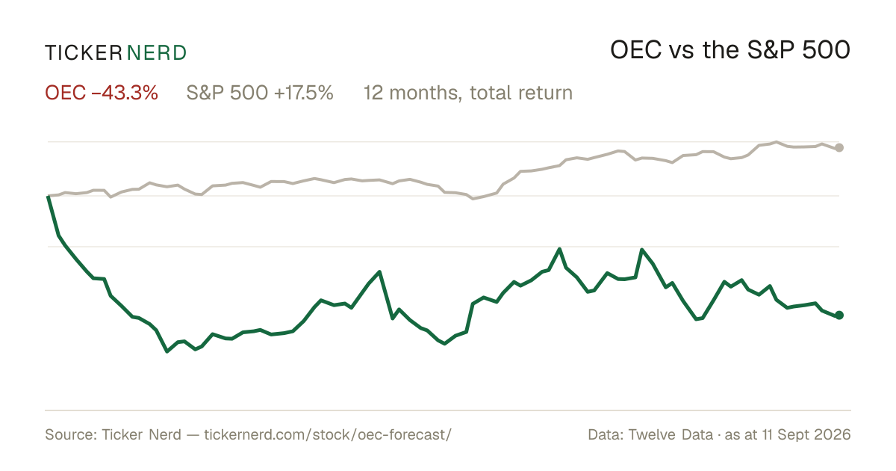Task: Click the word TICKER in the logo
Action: point(83,53)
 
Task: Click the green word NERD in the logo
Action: point(157,53)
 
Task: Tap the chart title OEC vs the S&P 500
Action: point(730,50)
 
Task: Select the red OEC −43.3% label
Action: point(102,93)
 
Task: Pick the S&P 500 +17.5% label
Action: point(260,93)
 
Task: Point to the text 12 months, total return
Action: point(468,93)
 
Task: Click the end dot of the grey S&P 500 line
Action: point(839,148)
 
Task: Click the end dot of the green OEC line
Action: point(839,315)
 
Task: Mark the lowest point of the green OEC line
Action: point(167,351)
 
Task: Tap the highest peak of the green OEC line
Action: point(559,249)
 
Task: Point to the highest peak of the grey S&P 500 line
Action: point(777,142)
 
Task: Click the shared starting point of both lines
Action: point(48,196)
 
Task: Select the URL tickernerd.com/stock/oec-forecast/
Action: point(328,434)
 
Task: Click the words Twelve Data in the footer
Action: point(671,434)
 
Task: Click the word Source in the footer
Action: point(69,434)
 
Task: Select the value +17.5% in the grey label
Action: point(304,93)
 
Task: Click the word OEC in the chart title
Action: point(636,50)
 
